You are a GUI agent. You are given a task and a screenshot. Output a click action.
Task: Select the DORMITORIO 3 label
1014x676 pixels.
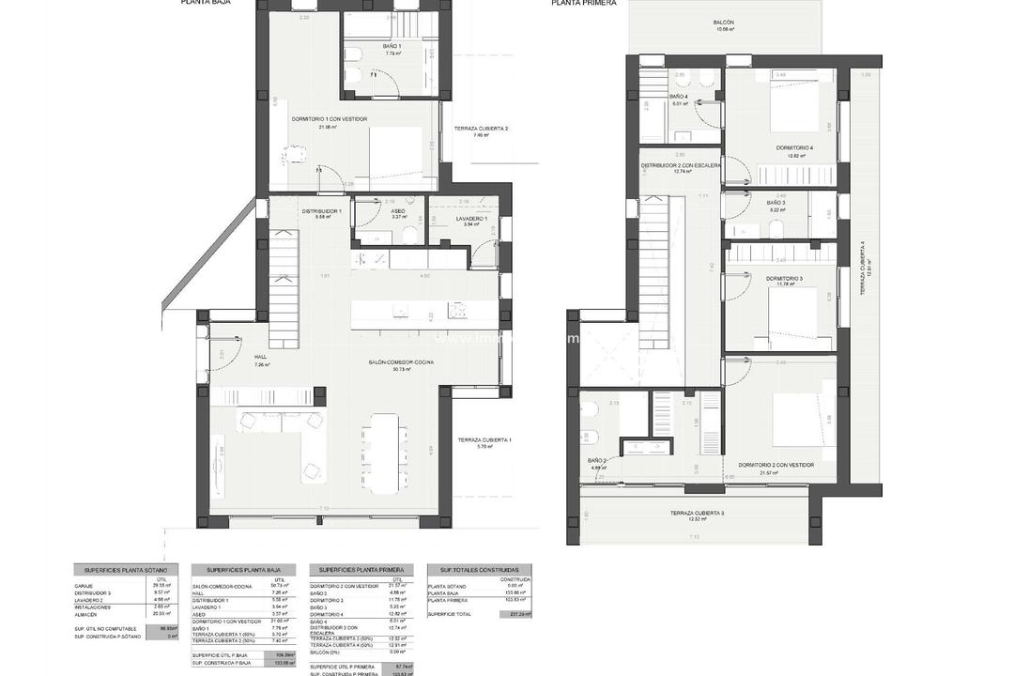(784, 279)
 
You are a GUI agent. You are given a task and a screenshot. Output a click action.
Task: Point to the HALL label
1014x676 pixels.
(261, 357)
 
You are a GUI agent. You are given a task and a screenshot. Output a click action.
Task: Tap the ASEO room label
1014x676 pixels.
(398, 211)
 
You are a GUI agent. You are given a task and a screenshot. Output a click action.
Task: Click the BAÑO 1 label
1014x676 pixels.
(392, 46)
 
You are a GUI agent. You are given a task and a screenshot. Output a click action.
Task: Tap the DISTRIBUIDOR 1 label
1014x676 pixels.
(321, 211)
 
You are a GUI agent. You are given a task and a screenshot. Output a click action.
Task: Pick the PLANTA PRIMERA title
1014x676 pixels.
(584, 4)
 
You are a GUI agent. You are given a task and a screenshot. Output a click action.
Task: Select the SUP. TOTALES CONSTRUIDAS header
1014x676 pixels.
(479, 570)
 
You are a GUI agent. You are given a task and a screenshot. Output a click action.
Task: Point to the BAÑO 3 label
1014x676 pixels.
(776, 203)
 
